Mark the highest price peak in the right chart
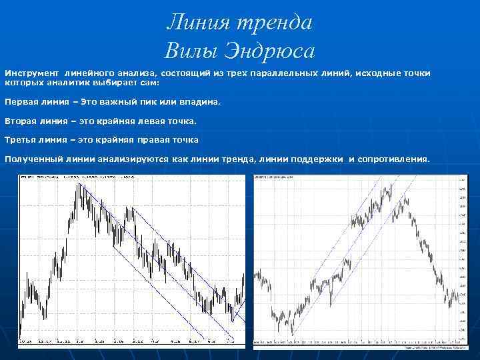[391, 185]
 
